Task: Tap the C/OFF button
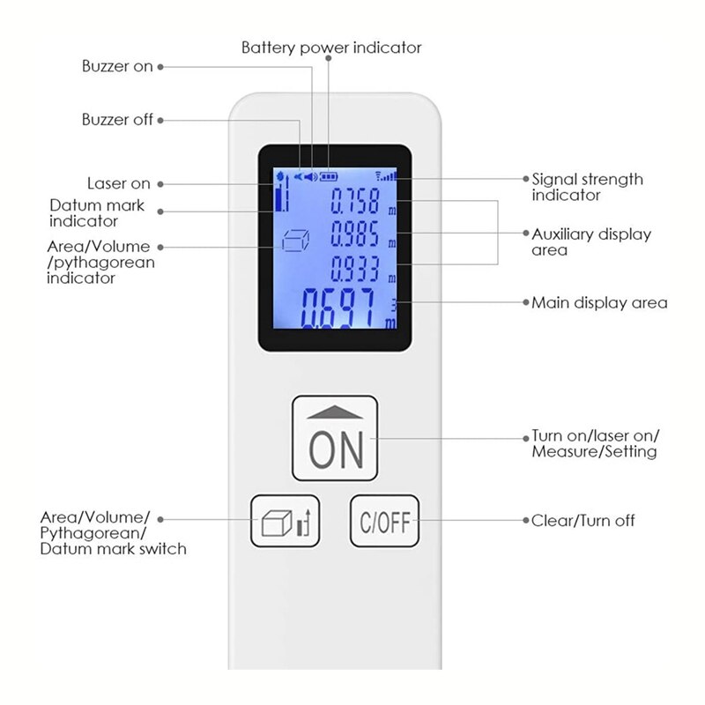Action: (384, 521)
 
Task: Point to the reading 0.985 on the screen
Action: (354, 235)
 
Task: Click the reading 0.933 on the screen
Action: (354, 267)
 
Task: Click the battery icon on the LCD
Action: (330, 176)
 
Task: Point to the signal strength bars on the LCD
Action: (387, 176)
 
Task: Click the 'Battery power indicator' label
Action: (331, 48)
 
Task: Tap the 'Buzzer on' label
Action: (117, 66)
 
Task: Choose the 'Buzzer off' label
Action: (117, 119)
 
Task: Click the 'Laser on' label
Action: (118, 183)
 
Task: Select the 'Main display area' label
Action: (599, 302)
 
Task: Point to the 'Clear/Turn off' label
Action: (583, 521)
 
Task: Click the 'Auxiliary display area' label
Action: (590, 241)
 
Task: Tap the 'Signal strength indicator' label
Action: (587, 187)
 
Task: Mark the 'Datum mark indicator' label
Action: (96, 214)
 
